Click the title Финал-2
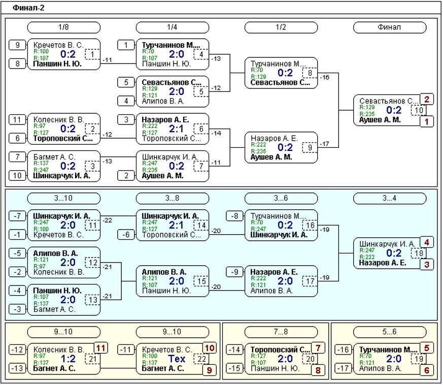tap(28, 8)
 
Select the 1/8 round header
tap(63, 27)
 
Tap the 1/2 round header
tap(281, 27)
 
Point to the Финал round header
tap(389, 27)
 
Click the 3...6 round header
tap(281, 198)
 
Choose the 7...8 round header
tap(281, 332)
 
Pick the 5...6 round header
tap(389, 332)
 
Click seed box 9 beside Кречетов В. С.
tap(18, 45)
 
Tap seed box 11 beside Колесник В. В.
tap(18, 120)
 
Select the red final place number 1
tap(427, 121)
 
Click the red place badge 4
tap(427, 242)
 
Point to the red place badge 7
tap(318, 348)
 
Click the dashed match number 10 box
tap(419, 110)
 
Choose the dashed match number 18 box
tap(419, 253)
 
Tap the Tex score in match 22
tap(177, 359)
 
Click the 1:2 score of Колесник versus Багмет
tap(68, 359)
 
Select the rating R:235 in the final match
tap(367, 114)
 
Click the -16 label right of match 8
tap(325, 77)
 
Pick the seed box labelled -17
tap(343, 368)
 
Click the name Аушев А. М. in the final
tap(380, 120)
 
